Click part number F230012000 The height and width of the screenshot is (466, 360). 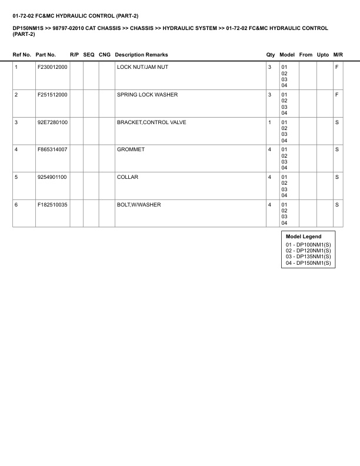(x=52, y=67)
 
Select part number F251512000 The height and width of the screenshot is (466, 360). (x=52, y=95)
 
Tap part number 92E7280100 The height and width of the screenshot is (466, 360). (x=52, y=122)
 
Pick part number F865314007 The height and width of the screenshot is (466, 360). (x=52, y=149)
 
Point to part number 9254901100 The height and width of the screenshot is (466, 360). (x=52, y=177)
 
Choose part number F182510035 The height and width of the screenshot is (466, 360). (x=52, y=205)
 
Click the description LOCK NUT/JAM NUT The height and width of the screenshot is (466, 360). (x=142, y=67)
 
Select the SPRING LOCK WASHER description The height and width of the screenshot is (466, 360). (x=147, y=95)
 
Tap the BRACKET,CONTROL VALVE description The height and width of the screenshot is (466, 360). (x=152, y=122)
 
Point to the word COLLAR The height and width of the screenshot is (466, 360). (x=128, y=177)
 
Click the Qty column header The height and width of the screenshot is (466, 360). (x=271, y=55)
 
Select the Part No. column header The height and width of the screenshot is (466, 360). (x=46, y=55)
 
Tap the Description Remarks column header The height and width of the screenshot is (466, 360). (x=141, y=55)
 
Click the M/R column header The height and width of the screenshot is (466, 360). (x=338, y=55)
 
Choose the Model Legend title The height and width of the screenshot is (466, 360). (x=304, y=237)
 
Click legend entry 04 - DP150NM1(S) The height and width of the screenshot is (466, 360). (x=308, y=263)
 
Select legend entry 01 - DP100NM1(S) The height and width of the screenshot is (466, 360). (x=308, y=244)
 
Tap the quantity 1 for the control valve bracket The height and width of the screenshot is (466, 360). (x=269, y=122)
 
